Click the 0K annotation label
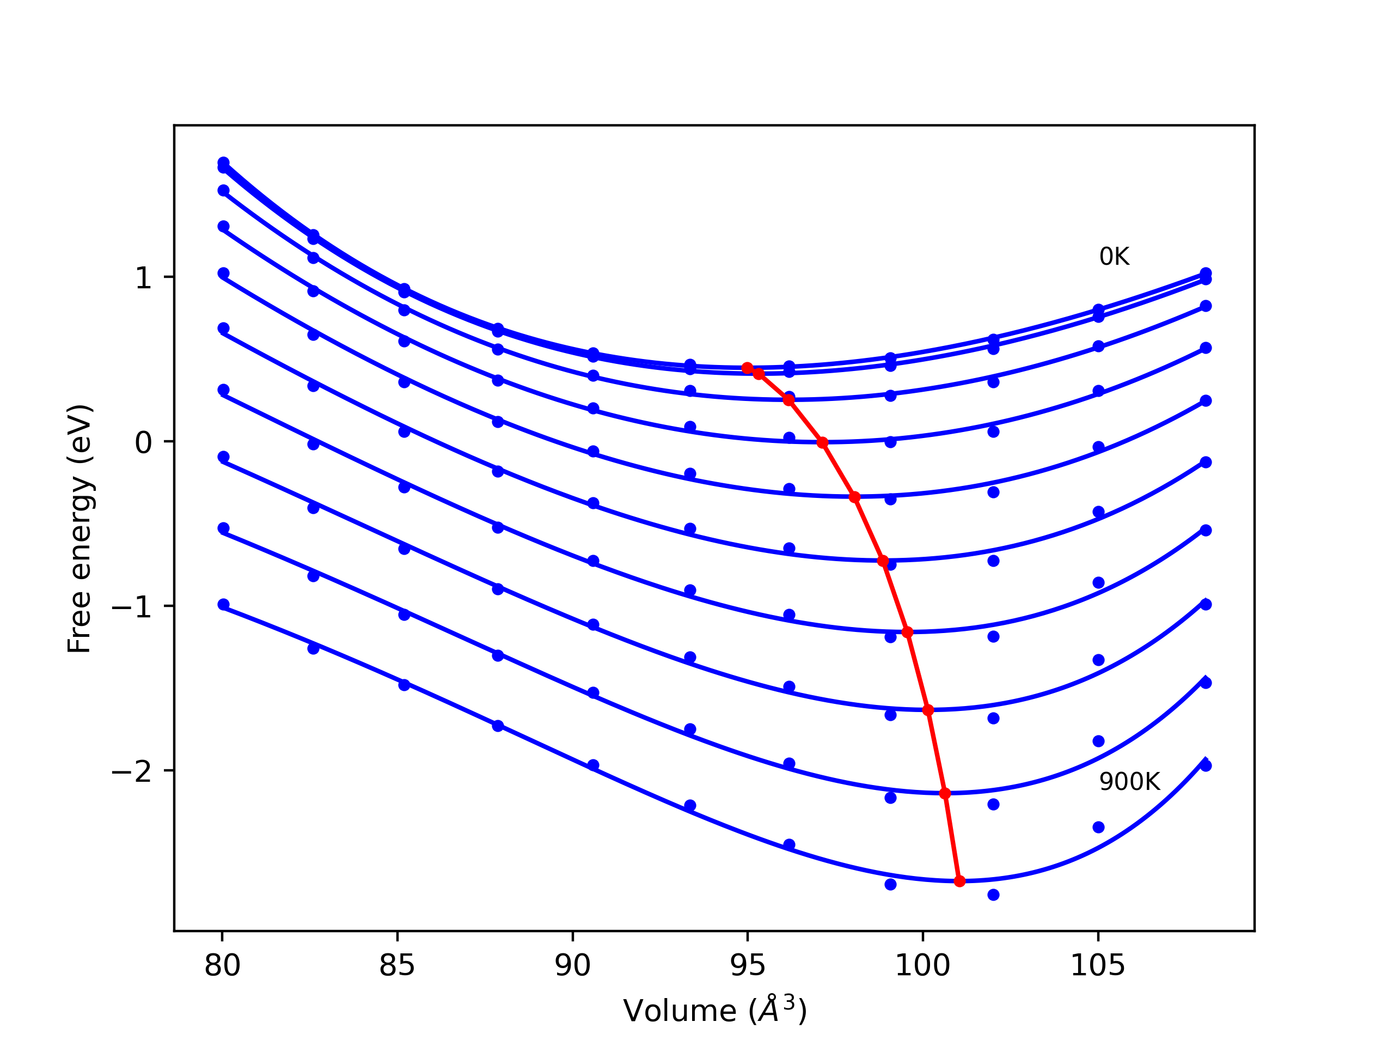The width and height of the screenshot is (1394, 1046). click(x=1114, y=257)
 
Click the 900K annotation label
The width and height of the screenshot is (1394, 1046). click(x=1129, y=782)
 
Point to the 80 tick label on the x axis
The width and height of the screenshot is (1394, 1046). click(x=223, y=966)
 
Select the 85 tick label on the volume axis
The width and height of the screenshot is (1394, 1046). click(x=397, y=966)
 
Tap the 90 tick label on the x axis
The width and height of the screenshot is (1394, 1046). click(x=572, y=966)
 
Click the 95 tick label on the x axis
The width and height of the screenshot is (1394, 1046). click(x=748, y=966)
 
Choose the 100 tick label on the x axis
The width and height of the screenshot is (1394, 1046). click(x=922, y=966)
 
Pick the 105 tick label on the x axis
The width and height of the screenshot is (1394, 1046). click(x=1098, y=966)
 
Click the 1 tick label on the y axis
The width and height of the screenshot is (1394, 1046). click(x=144, y=278)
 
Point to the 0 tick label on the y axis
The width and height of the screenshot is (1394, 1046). click(x=144, y=442)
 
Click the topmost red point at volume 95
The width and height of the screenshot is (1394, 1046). click(x=748, y=368)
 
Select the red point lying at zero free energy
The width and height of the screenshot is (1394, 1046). click(x=822, y=443)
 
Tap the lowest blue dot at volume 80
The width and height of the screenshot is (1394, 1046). click(x=223, y=605)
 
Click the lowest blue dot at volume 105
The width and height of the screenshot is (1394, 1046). click(x=1098, y=827)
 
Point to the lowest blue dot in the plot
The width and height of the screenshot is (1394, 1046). click(x=993, y=895)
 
